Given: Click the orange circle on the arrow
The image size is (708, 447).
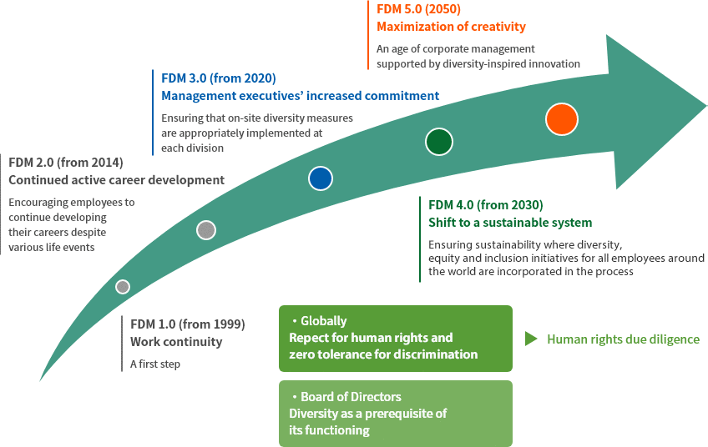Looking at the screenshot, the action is (562, 119).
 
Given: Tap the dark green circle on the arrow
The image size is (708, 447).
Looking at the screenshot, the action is (439, 142).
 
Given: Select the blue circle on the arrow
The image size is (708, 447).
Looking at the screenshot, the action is (321, 178).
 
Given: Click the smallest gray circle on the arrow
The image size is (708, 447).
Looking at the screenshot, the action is (123, 286).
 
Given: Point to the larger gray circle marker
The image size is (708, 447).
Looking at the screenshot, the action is (206, 230).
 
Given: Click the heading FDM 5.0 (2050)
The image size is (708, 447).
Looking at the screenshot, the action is (418, 9).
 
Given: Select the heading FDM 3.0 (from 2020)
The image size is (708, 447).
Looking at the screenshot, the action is (219, 78).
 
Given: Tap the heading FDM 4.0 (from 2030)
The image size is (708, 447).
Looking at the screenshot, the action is (486, 205).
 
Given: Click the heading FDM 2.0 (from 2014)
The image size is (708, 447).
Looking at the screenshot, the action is (66, 163).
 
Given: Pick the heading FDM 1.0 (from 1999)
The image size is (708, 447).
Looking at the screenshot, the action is (188, 324).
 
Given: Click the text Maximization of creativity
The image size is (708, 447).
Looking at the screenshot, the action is (451, 27).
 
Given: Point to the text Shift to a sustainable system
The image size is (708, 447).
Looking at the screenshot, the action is (510, 223).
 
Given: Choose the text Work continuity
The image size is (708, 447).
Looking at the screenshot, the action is (176, 341).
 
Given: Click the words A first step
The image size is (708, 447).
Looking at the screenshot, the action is (155, 364).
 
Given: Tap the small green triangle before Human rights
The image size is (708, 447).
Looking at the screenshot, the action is (531, 339).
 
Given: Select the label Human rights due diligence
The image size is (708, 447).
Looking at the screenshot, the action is (623, 339).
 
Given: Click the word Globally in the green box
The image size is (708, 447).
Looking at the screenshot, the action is (324, 321).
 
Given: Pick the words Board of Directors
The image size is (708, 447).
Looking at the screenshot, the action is (351, 396).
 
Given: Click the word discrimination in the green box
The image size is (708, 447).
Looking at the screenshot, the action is (435, 354).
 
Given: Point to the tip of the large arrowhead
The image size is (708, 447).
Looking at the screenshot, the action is (706, 107).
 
